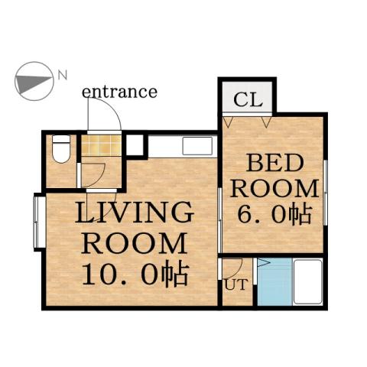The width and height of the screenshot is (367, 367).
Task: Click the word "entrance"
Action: click(x=119, y=92)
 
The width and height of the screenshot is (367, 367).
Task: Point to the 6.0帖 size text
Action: click(x=274, y=215)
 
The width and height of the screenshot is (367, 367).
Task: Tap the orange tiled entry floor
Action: click(x=102, y=147)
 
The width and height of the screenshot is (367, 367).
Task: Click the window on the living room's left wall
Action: click(x=38, y=222)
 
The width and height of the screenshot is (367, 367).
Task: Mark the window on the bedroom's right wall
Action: click(x=325, y=193)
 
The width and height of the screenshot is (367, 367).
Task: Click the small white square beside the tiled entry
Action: click(x=135, y=145)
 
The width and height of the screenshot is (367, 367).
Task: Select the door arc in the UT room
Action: click(x=234, y=268)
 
